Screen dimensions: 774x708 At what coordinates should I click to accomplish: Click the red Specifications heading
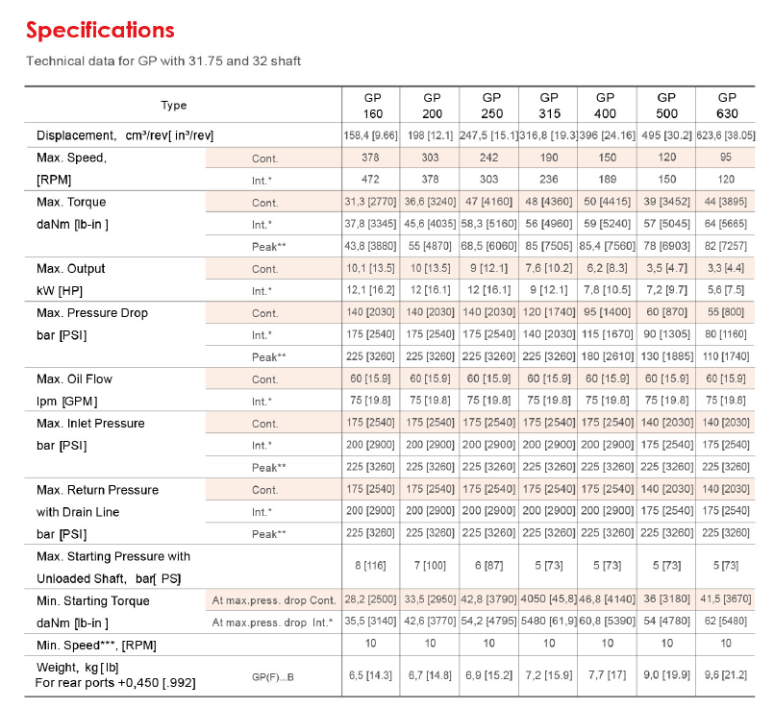[100, 30]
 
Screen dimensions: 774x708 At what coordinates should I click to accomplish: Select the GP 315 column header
[549, 106]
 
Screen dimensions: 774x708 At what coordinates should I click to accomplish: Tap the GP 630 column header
[727, 106]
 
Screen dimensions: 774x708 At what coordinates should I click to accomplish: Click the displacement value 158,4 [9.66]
[370, 135]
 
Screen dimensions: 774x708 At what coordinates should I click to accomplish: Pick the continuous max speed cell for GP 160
[370, 158]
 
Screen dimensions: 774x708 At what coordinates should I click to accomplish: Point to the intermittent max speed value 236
[549, 179]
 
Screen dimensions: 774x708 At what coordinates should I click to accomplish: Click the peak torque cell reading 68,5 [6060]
[488, 246]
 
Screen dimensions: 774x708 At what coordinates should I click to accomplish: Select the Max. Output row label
[70, 269]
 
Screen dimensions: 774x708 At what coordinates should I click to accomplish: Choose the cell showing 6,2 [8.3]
[607, 268]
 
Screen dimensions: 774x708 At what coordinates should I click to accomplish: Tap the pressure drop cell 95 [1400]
[607, 312]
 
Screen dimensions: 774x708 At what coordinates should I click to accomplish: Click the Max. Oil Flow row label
[74, 379]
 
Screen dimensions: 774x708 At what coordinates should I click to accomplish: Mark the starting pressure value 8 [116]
[370, 566]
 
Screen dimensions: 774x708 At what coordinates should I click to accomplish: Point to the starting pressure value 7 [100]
[430, 566]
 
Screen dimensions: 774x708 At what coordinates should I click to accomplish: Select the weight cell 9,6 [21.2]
[726, 675]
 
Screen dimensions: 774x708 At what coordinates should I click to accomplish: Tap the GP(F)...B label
[272, 677]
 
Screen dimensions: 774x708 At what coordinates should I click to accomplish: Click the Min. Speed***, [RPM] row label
[96, 646]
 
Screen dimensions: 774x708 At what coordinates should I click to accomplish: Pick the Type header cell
[174, 105]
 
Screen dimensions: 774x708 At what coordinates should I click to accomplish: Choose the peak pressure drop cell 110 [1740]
[726, 356]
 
